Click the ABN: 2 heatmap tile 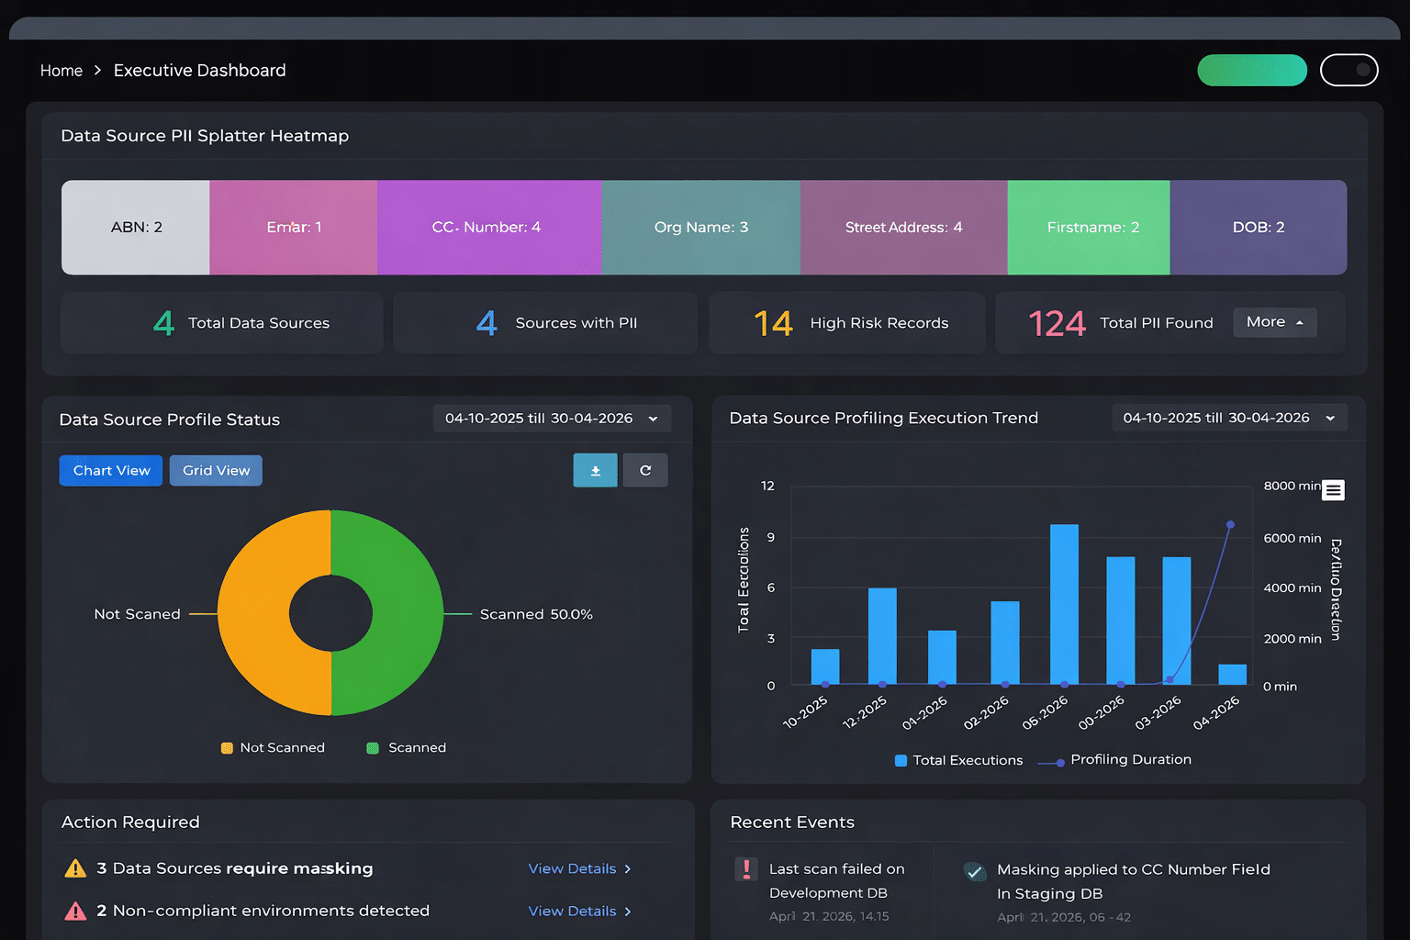point(136,228)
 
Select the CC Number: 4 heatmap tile point(487,228)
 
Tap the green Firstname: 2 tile point(1090,228)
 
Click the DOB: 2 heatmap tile point(1258,228)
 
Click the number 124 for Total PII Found point(1057,323)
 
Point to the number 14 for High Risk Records point(773,323)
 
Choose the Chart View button point(111,471)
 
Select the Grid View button point(216,471)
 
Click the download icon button point(595,471)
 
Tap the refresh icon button point(645,471)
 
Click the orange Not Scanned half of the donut point(257,613)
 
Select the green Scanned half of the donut point(404,613)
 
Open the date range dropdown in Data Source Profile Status point(552,419)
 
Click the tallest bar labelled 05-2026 point(1064,606)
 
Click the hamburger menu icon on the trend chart point(1333,490)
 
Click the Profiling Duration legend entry point(1129,760)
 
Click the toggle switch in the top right point(1348,70)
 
